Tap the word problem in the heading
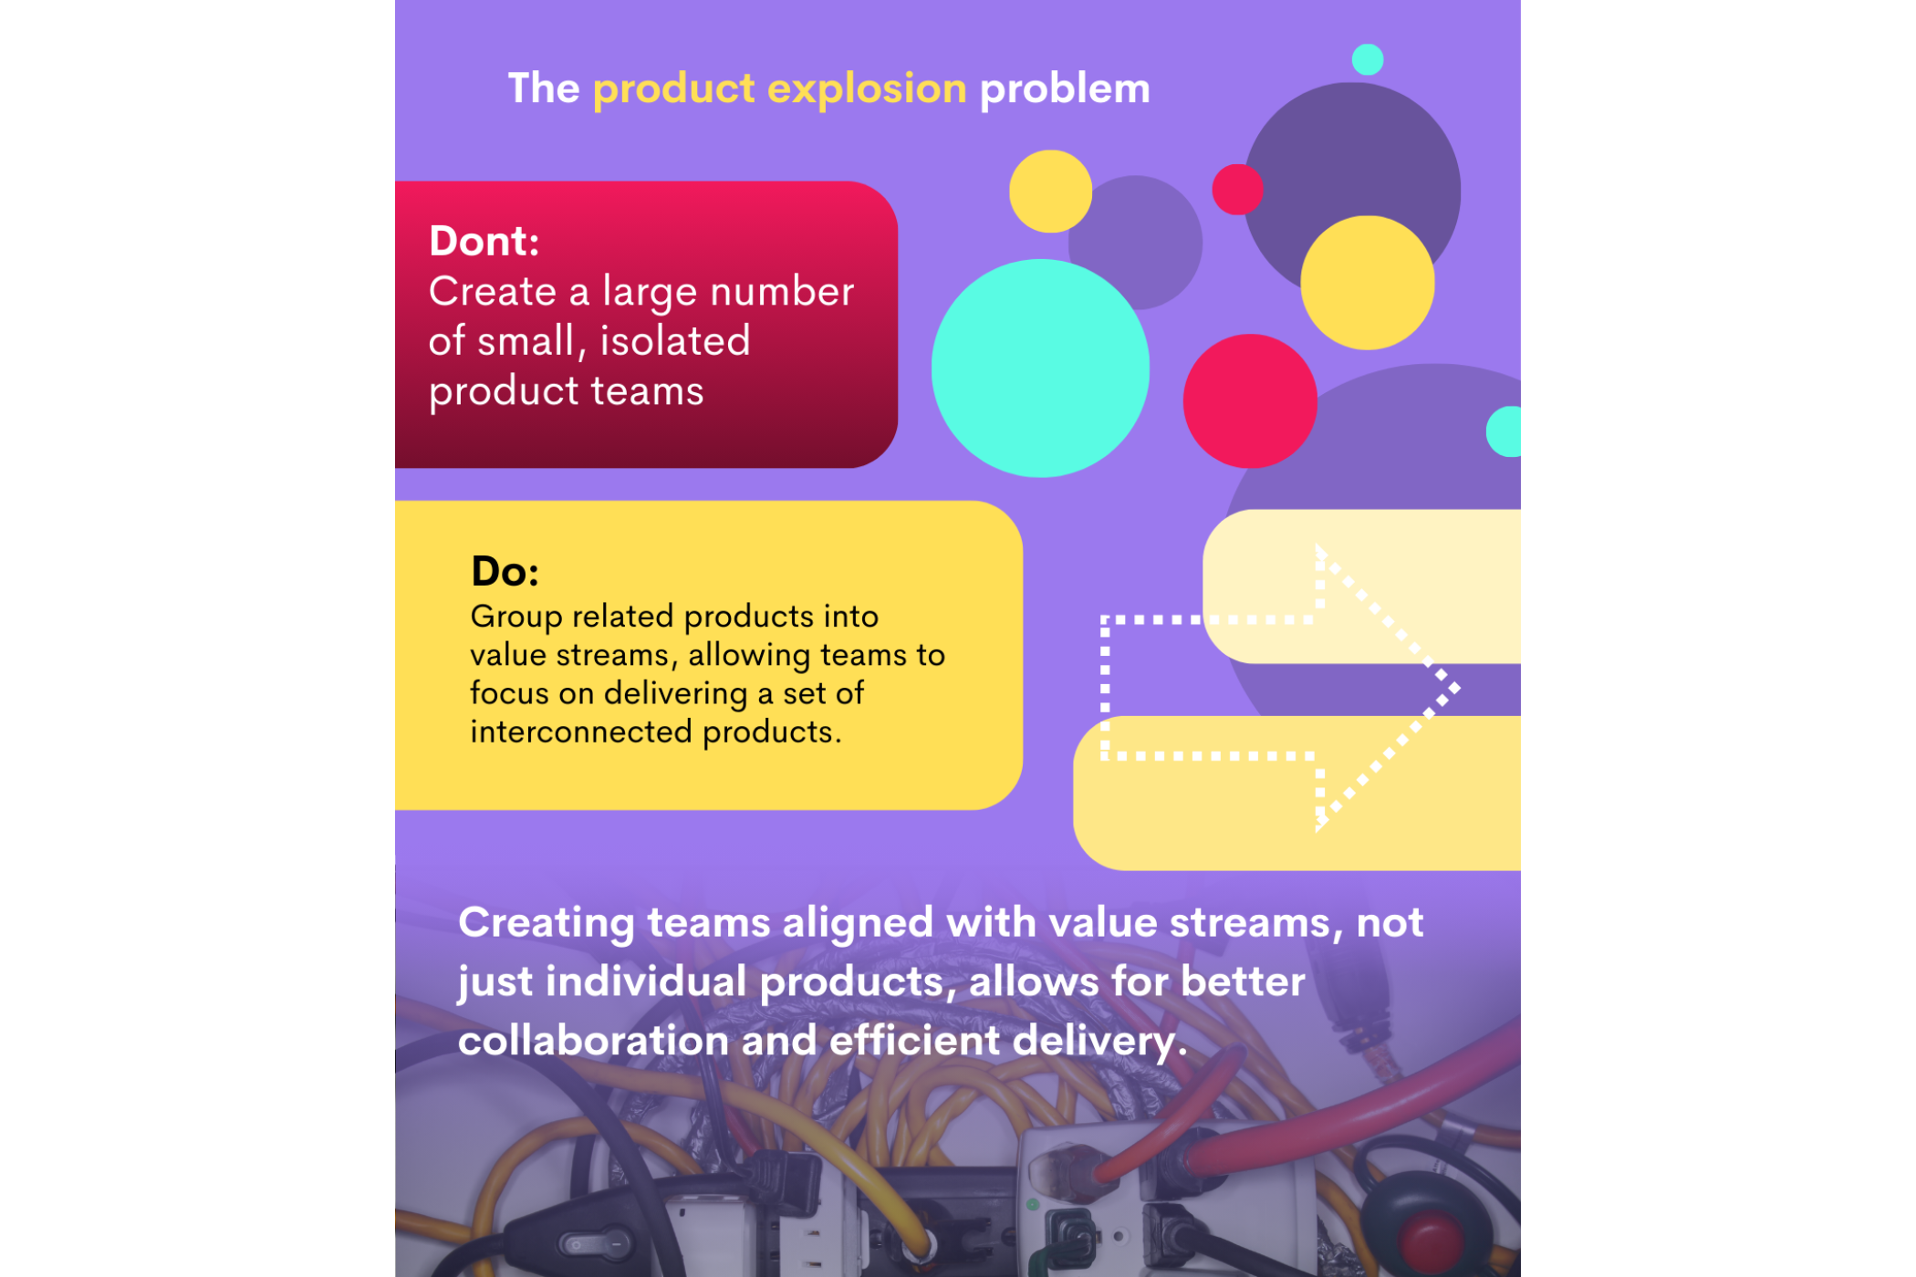pos(1064,89)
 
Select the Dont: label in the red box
pos(484,242)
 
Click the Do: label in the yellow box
pos(505,572)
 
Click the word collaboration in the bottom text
pos(592,1041)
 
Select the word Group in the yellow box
pos(516,618)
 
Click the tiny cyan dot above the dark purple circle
pos(1367,59)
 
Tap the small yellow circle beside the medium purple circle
pos(1049,191)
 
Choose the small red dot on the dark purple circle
pos(1236,189)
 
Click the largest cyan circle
pos(1039,368)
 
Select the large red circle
pos(1249,400)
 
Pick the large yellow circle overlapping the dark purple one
pos(1367,282)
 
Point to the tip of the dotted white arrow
pos(1456,688)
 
